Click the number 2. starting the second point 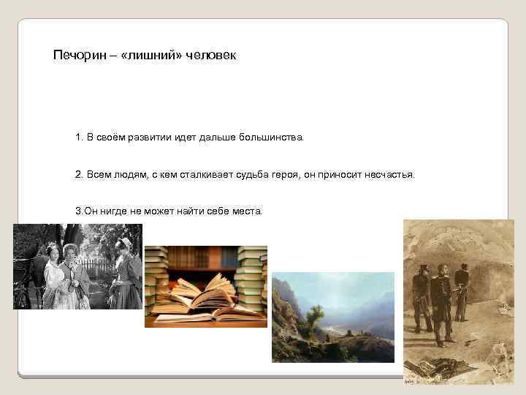[79, 175]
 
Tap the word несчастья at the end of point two [389, 175]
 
